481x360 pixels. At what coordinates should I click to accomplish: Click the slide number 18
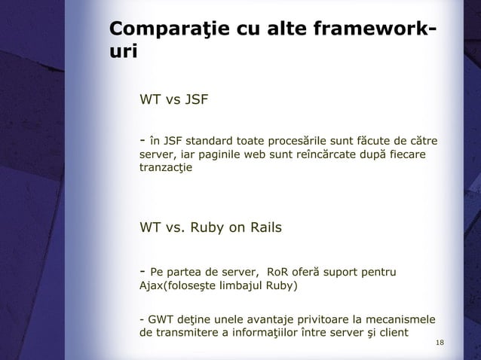(441, 344)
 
